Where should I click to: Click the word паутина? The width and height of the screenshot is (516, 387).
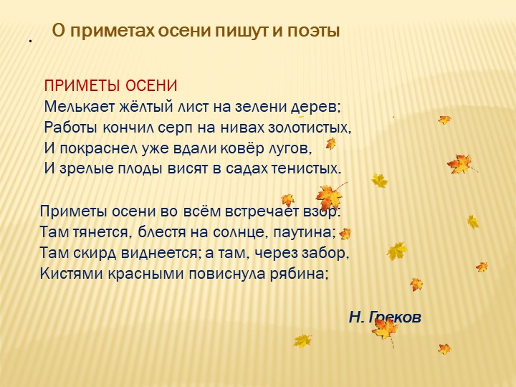pos(309,233)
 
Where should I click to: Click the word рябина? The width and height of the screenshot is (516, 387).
pos(300,273)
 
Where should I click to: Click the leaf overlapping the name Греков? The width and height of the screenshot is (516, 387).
pos(385,328)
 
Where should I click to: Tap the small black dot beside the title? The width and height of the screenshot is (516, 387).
pos(31,40)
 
